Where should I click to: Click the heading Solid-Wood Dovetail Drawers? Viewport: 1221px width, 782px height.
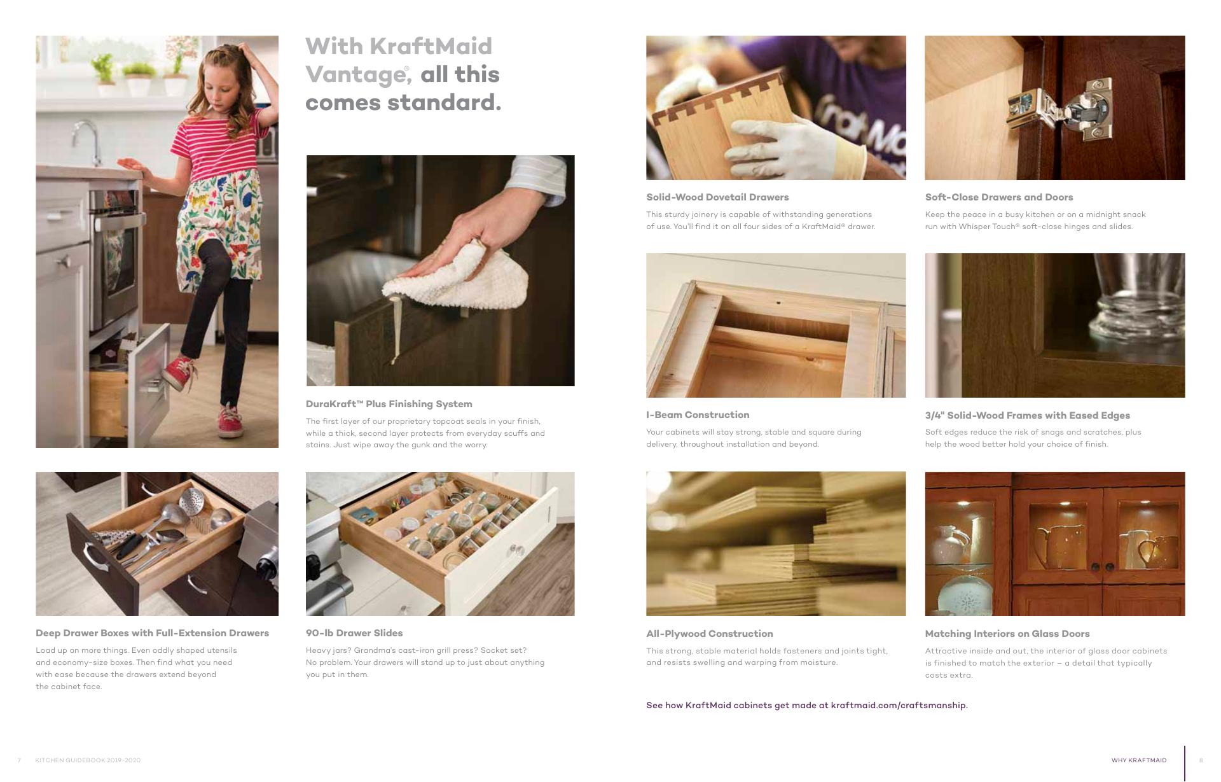click(x=717, y=197)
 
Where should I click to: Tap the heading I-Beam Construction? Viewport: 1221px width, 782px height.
click(x=698, y=415)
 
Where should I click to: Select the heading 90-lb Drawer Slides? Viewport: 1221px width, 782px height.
click(x=354, y=633)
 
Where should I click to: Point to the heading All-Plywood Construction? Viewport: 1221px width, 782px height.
click(x=710, y=634)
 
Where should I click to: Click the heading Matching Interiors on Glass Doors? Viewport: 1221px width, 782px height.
click(x=1007, y=634)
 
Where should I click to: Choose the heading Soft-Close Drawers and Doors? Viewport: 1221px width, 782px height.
click(x=999, y=197)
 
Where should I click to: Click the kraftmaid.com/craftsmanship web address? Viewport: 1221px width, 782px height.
click(x=899, y=706)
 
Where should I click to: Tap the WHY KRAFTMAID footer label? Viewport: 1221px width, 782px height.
click(x=1139, y=760)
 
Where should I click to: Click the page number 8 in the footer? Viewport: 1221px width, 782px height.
click(x=1201, y=760)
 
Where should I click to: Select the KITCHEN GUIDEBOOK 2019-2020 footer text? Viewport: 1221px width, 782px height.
click(x=88, y=760)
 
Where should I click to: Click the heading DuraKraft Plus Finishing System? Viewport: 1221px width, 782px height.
click(x=389, y=404)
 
